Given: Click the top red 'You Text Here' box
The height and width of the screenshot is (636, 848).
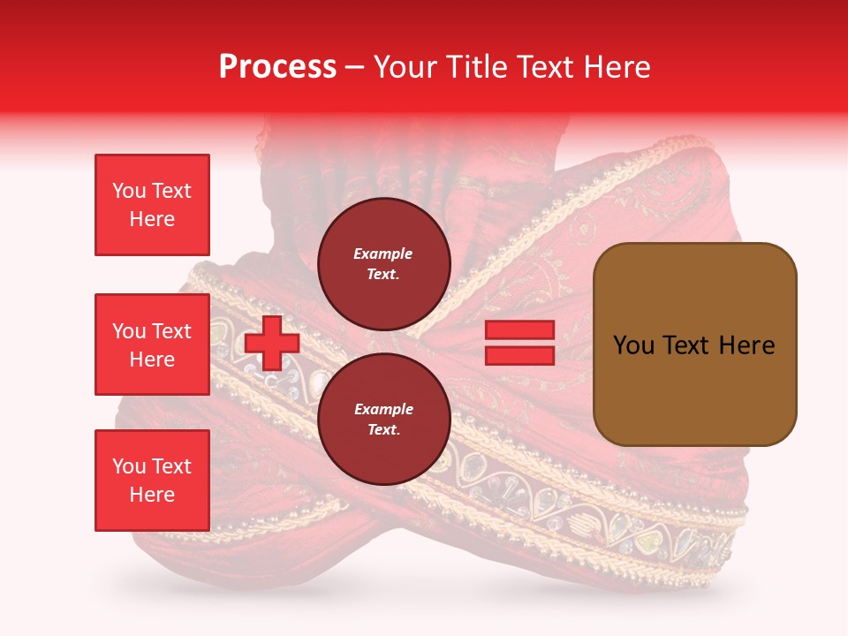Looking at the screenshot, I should click(152, 205).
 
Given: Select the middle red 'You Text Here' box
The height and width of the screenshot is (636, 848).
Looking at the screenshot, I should click(152, 344).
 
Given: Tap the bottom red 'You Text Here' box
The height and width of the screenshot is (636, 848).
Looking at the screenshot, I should click(152, 481).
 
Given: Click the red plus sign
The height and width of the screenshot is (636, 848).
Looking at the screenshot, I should click(271, 343).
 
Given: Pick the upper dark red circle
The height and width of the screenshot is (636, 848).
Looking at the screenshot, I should click(382, 263).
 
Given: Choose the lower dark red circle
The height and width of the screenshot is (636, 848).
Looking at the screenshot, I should click(382, 419).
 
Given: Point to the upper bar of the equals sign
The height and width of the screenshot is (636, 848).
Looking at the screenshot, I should click(519, 330).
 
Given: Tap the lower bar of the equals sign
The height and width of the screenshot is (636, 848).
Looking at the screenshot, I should click(519, 355).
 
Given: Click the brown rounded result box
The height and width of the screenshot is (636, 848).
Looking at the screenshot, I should click(694, 344).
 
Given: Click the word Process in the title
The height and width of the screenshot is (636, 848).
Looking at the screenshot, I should click(277, 67).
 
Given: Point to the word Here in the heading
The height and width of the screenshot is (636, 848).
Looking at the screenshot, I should click(617, 67).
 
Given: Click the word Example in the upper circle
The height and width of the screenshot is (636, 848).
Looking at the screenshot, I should click(382, 254).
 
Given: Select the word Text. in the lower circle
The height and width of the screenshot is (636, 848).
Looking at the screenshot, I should click(382, 429).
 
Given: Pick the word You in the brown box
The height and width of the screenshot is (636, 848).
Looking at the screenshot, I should click(634, 345).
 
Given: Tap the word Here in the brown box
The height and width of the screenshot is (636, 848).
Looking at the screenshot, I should click(746, 345).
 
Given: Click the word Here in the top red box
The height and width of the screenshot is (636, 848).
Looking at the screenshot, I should click(152, 219).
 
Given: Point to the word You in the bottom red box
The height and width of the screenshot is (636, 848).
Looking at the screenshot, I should click(129, 466).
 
